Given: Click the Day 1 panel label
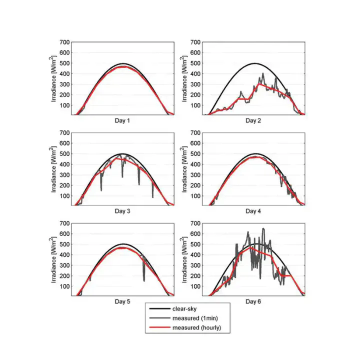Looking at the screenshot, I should tap(122, 120).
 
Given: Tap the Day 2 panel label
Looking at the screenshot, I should tap(253, 120).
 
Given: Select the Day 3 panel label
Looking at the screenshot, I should tap(122, 211).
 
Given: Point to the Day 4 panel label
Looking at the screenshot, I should tap(253, 211).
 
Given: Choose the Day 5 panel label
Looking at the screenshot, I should tap(122, 301).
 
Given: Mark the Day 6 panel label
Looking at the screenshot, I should tap(253, 301).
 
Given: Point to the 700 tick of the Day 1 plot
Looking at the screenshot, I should tap(64, 42).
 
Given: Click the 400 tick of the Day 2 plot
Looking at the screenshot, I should tap(195, 74).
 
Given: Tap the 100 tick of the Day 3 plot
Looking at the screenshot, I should tap(64, 196).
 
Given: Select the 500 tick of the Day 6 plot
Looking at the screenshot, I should tap(195, 244).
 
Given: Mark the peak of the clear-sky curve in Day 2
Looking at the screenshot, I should tap(254, 63).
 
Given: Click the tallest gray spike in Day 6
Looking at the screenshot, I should tap(263, 229).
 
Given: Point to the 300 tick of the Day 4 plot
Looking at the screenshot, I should tap(195, 175).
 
